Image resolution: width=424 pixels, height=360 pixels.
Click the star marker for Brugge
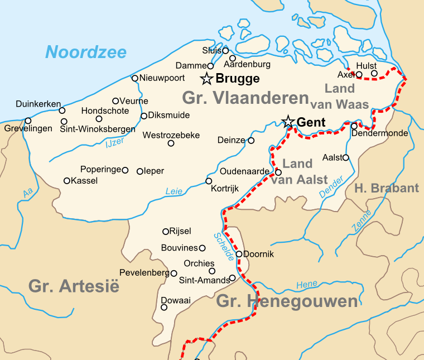207,78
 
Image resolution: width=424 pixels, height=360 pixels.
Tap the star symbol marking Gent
288,122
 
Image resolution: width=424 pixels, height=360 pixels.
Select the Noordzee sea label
86,52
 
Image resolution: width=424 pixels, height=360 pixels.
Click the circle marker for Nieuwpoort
134,78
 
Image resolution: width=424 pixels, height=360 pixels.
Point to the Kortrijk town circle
209,181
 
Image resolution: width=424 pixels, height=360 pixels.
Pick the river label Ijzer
114,143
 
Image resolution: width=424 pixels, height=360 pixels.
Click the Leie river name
174,191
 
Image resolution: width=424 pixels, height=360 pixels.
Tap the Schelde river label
223,246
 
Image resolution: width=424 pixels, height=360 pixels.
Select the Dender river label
330,188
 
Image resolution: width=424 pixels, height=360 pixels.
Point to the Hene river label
307,285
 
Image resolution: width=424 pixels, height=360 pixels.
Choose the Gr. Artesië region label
74,286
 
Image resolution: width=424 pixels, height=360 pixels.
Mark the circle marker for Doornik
239,254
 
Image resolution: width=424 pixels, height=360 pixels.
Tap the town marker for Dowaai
164,307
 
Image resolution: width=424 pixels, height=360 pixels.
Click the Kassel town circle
67,180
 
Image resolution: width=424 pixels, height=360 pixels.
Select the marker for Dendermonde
354,126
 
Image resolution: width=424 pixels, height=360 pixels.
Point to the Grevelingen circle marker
28,121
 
